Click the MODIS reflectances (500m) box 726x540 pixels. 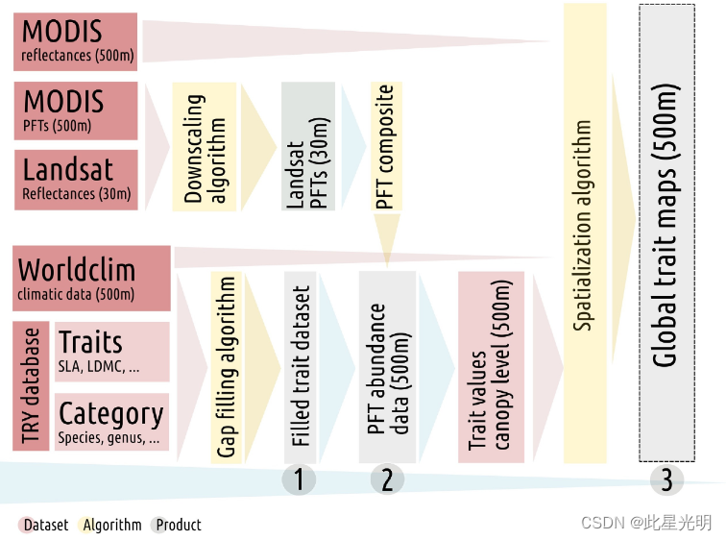pyautogui.click(x=77, y=41)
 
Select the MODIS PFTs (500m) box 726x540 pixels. pyautogui.click(x=77, y=110)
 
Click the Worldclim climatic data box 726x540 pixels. pyautogui.click(x=92, y=279)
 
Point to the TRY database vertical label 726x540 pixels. pyautogui.click(x=32, y=387)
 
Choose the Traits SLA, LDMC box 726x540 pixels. pyautogui.click(x=111, y=352)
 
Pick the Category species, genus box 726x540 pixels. pyautogui.click(x=111, y=422)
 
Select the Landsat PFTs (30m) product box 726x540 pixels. pyautogui.click(x=307, y=147)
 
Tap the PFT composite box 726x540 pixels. pyautogui.click(x=385, y=147)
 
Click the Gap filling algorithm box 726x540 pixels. pyautogui.click(x=226, y=367)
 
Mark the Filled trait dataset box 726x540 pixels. pyautogui.click(x=300, y=367)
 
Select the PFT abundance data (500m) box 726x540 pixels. pyautogui.click(x=387, y=367)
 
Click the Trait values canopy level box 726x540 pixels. pyautogui.click(x=490, y=367)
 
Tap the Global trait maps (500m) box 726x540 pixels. pyautogui.click(x=665, y=231)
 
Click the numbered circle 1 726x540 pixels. pyautogui.click(x=299, y=479)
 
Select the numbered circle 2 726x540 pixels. pyautogui.click(x=387, y=479)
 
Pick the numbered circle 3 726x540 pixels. pyautogui.click(x=666, y=479)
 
